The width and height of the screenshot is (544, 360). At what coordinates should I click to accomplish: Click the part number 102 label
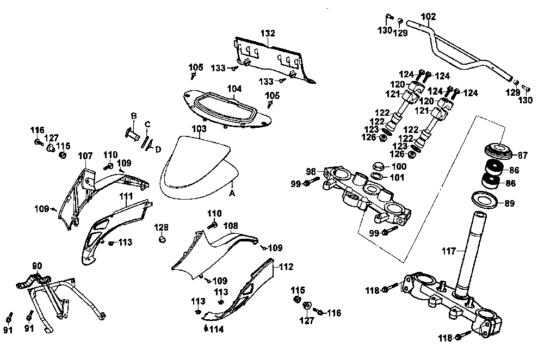[429, 17]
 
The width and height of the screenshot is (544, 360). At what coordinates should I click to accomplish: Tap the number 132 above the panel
[268, 33]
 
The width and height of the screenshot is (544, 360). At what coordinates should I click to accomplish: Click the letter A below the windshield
[232, 193]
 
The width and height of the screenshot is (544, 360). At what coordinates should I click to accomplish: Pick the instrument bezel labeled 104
[227, 109]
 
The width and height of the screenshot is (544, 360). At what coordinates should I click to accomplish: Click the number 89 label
[509, 203]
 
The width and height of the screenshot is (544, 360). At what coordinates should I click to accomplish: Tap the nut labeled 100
[379, 166]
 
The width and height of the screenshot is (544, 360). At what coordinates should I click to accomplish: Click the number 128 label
[162, 227]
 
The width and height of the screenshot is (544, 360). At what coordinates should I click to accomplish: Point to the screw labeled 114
[206, 328]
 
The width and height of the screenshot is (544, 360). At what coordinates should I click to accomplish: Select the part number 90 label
[37, 266]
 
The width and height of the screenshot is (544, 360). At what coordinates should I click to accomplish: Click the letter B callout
[134, 116]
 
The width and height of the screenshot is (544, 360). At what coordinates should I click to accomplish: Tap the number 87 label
[522, 156]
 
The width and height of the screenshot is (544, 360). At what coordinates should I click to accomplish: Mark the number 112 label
[286, 266]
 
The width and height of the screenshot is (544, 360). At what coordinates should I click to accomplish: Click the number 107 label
[85, 156]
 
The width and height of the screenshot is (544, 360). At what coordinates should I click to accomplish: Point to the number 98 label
[311, 172]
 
